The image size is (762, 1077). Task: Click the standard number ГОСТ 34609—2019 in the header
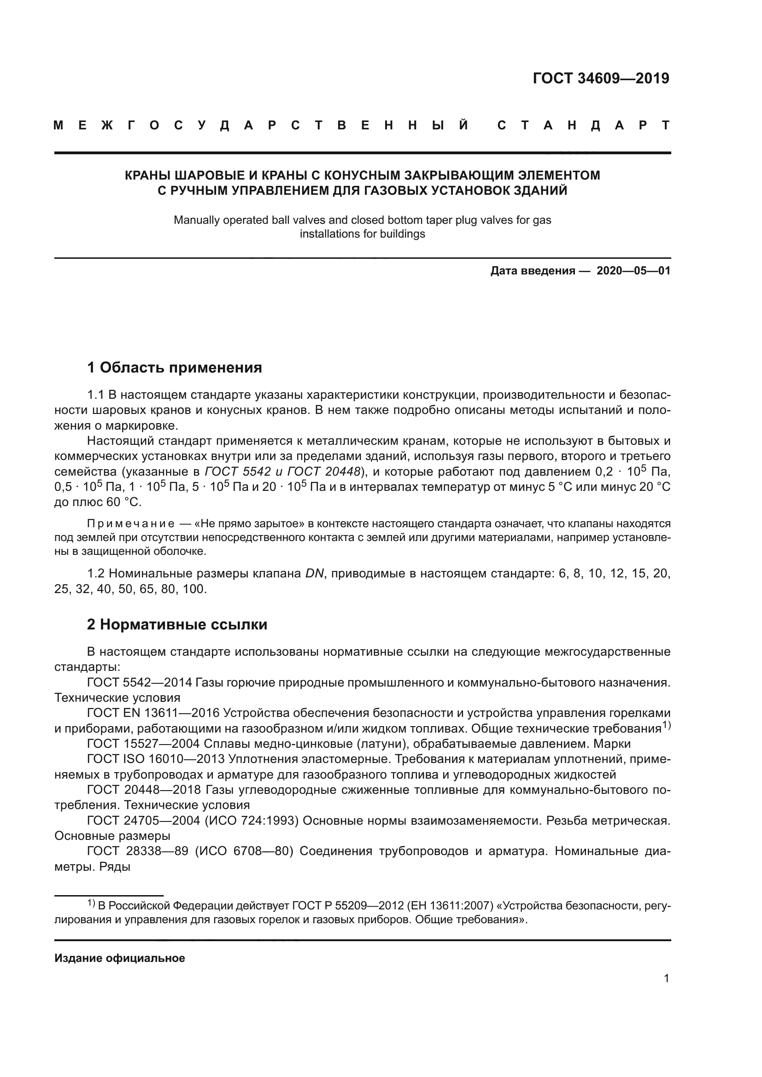[x=601, y=78]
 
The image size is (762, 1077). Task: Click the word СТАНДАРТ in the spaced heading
[x=583, y=126]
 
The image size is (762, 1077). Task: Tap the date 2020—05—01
[x=633, y=271]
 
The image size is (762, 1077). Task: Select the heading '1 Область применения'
[x=175, y=367]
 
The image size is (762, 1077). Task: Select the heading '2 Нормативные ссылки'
[x=177, y=625]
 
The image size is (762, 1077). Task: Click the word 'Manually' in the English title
[x=194, y=220]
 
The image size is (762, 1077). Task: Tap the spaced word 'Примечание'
[x=130, y=524]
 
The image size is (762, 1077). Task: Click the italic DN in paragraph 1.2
[x=315, y=573]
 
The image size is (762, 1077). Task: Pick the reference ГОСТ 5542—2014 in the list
[x=139, y=682]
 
